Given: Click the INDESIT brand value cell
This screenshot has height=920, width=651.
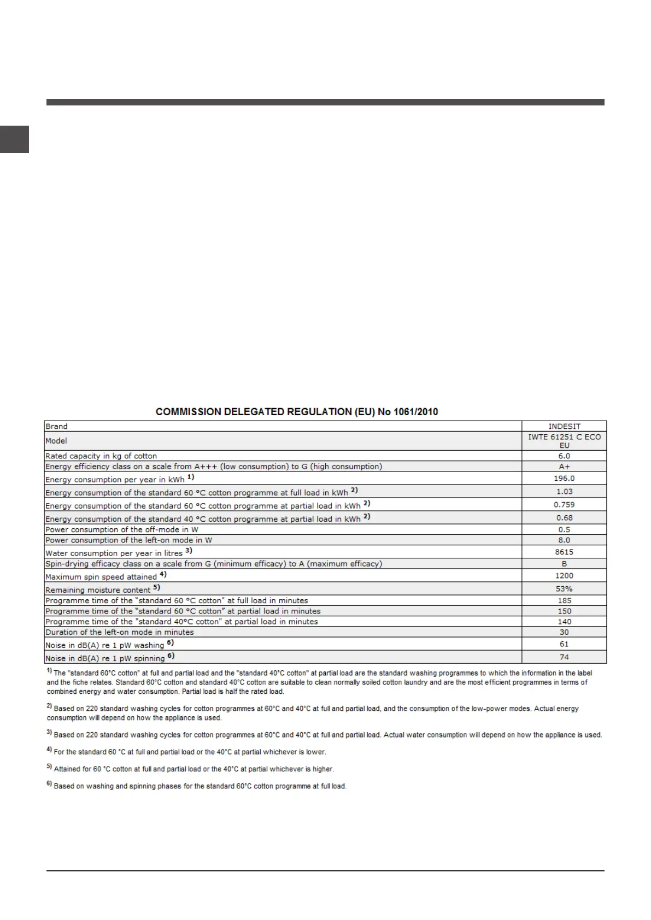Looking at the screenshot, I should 564,426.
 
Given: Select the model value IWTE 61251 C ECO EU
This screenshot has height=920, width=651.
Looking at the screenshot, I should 564,441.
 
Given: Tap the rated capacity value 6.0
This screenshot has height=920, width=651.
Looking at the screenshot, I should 564,456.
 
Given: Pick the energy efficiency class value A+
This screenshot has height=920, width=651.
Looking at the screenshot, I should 564,467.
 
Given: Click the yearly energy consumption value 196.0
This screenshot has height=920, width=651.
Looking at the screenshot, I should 564,478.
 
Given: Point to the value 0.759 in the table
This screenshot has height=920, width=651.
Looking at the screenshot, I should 564,505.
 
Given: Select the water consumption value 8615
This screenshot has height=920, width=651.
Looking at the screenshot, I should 564,552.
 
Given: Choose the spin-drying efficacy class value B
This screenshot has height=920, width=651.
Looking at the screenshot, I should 564,563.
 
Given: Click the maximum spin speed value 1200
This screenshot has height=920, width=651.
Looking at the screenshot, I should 564,575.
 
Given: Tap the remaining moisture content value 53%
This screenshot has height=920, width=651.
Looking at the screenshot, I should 564,588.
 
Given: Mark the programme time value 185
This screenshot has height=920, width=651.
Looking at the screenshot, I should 564,600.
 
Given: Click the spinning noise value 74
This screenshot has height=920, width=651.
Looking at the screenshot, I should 564,657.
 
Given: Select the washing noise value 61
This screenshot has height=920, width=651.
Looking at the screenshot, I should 564,644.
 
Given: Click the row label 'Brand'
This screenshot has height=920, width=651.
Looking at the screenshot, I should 57,426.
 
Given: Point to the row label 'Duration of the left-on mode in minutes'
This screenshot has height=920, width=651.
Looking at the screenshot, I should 119,632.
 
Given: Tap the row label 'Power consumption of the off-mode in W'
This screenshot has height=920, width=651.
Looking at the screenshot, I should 121,529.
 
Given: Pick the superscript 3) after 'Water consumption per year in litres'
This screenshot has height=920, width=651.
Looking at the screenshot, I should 189,551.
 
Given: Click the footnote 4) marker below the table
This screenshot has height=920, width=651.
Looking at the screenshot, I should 49,751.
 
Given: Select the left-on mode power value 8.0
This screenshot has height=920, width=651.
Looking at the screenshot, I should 564,540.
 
